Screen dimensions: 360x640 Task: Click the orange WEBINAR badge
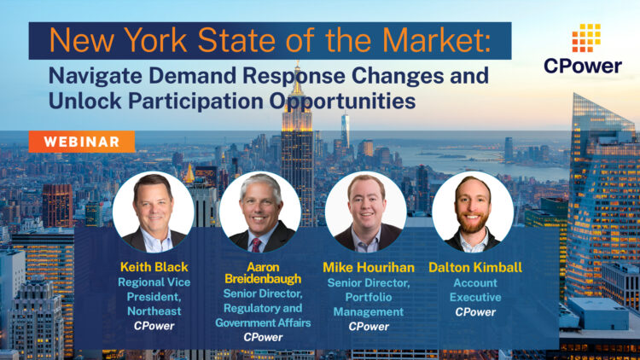81,142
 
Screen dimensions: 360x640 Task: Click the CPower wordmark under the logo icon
584,66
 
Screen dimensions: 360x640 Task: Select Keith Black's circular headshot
153,212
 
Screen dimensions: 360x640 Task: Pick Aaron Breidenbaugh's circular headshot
259,212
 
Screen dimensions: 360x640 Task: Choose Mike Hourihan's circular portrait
365,212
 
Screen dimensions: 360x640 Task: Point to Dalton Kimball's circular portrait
472,212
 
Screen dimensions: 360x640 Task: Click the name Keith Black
153,267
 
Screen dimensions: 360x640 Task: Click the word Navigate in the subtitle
89,75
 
